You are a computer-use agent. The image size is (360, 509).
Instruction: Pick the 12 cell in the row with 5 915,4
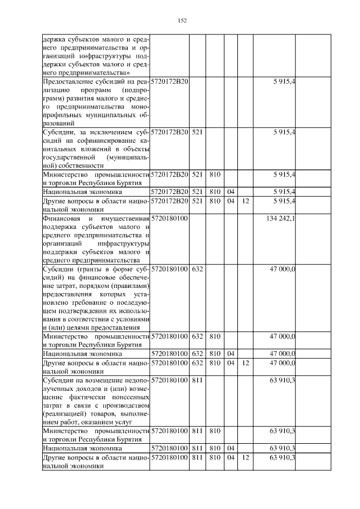[245, 200]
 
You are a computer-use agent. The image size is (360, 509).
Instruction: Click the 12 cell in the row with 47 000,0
[245, 363]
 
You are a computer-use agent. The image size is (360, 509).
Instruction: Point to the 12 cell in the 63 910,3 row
[245, 458]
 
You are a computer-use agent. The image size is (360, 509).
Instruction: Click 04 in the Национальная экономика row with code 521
[230, 192]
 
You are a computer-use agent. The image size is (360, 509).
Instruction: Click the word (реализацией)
[63, 413]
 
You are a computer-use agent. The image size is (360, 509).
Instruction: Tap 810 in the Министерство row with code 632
[214, 336]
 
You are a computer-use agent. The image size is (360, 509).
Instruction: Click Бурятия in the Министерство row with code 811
[136, 439]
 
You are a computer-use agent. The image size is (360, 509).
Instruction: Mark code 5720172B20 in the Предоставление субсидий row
[169, 82]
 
